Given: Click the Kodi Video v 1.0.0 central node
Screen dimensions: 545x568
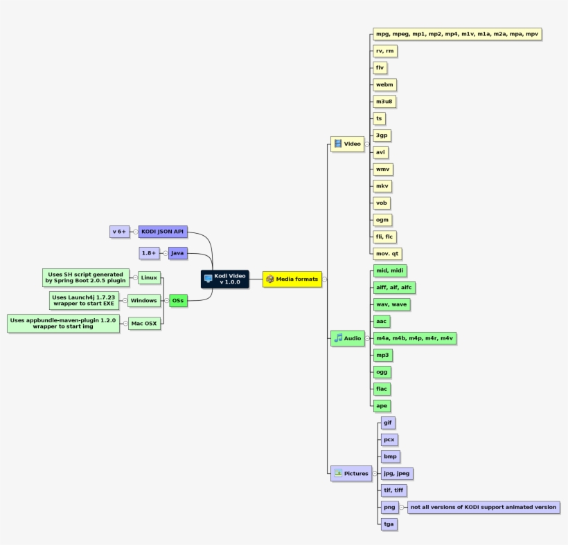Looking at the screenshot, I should [224, 279].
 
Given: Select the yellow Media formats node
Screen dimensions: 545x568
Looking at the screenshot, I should [292, 279].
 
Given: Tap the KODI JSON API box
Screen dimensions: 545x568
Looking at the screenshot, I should [163, 232].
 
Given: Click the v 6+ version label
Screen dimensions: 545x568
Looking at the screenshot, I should [120, 232].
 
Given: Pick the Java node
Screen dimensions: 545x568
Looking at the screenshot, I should [178, 254].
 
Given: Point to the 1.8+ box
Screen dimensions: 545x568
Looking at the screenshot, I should [150, 254].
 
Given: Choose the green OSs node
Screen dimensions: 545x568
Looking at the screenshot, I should [179, 301].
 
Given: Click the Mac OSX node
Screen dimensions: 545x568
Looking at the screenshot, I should [145, 323].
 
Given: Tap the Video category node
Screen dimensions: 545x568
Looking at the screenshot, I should [348, 144].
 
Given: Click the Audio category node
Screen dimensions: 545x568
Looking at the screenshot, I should [348, 338].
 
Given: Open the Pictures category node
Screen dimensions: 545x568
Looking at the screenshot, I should [351, 474].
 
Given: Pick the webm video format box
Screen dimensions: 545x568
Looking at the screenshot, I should [384, 84].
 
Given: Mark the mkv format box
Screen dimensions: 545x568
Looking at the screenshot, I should [382, 186].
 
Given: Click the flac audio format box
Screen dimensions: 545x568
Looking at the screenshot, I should [382, 389].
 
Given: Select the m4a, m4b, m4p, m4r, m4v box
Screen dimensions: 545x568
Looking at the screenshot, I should [414, 338].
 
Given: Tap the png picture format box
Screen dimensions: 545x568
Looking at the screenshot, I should [389, 507].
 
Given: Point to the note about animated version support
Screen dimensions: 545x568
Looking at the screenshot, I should [483, 507].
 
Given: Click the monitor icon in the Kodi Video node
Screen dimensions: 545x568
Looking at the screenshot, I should [208, 279].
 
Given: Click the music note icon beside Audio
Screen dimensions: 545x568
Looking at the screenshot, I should [338, 338].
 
